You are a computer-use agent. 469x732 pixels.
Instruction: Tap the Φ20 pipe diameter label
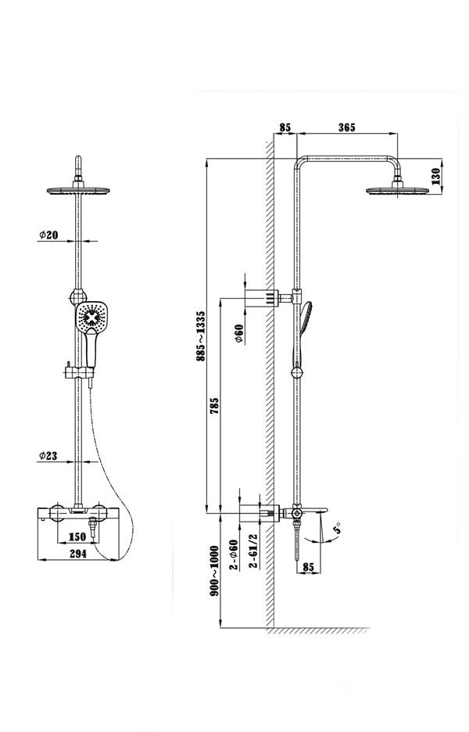[x=48, y=235]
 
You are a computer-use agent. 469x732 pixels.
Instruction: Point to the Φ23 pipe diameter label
[x=48, y=455]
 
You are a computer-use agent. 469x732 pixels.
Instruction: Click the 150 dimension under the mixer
[x=77, y=536]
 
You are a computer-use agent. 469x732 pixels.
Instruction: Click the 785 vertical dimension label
[x=214, y=405]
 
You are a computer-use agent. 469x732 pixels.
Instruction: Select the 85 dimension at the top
[x=284, y=127]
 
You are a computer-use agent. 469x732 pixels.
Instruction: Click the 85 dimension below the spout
[x=308, y=567]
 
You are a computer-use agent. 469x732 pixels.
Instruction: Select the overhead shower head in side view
[x=398, y=189]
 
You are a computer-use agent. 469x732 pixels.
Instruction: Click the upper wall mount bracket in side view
[x=262, y=298]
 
